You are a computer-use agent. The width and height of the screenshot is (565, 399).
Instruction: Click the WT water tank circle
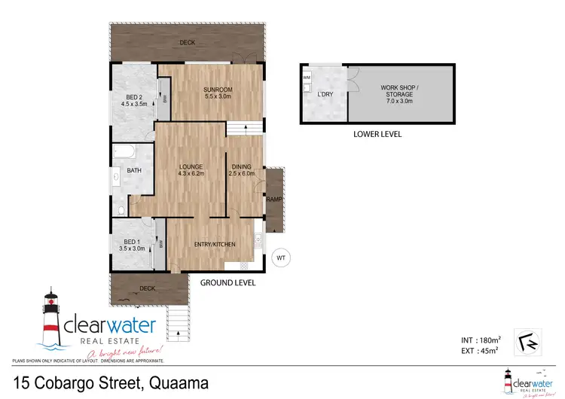280,258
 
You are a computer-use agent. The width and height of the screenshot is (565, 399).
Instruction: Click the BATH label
134,171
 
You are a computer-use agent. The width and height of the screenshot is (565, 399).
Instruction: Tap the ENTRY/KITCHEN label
215,245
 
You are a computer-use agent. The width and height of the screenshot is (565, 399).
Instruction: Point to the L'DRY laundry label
325,94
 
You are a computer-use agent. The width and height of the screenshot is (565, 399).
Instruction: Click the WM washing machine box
306,78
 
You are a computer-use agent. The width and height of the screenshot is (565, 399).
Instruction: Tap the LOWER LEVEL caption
377,134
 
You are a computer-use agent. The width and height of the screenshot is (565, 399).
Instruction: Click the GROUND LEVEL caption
228,283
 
